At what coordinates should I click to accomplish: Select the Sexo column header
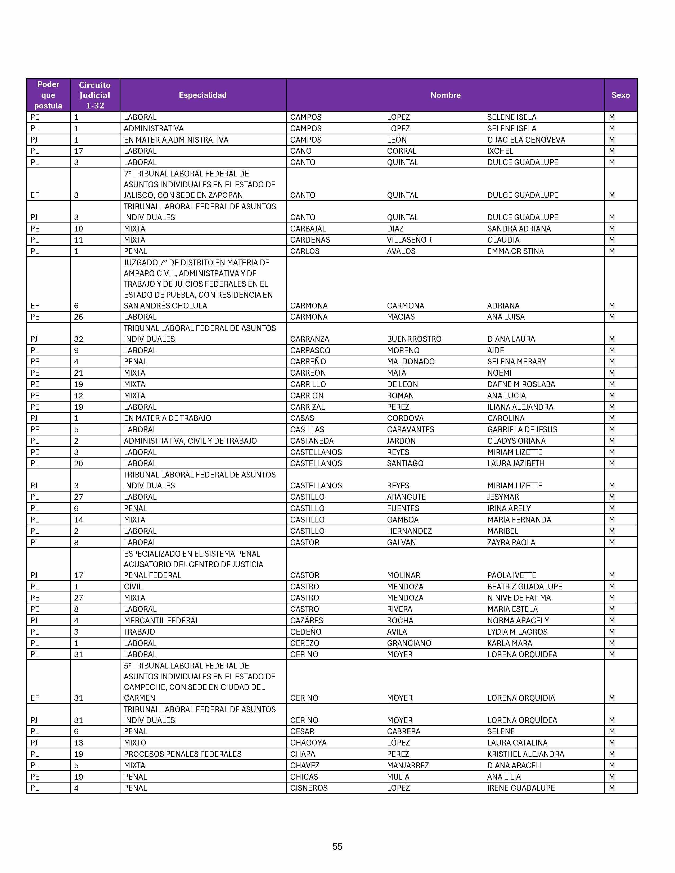(x=620, y=95)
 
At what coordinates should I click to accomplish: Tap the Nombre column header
(x=445, y=95)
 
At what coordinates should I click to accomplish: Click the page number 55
(x=337, y=847)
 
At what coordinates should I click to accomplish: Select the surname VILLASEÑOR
(x=409, y=240)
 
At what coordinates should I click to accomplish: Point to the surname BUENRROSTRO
(x=414, y=339)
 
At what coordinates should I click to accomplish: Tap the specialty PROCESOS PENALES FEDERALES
(x=182, y=754)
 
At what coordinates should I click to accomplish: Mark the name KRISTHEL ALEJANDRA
(x=525, y=754)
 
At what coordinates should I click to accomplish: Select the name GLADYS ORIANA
(x=516, y=441)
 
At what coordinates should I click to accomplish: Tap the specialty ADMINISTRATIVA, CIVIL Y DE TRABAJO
(x=190, y=441)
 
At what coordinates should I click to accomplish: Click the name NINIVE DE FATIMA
(x=519, y=598)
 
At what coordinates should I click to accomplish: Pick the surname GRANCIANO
(x=409, y=643)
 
